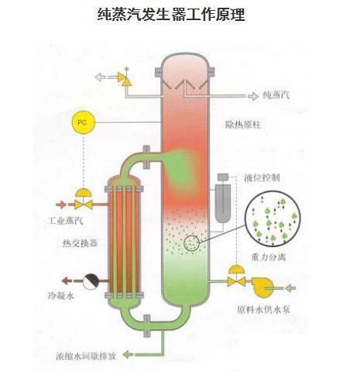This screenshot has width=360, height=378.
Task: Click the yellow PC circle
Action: (x=83, y=122)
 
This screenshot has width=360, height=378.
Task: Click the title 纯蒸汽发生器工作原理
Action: (x=171, y=14)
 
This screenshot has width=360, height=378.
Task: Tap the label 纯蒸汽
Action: (x=276, y=95)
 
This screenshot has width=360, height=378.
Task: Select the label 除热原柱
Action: (x=243, y=125)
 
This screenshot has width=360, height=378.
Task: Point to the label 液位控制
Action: (x=262, y=178)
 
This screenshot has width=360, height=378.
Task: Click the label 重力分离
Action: (x=269, y=257)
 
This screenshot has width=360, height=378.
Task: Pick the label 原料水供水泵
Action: (x=263, y=310)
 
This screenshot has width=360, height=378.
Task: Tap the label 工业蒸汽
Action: (x=66, y=221)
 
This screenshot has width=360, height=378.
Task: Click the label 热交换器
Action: (x=80, y=243)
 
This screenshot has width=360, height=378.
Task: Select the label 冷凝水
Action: (x=61, y=295)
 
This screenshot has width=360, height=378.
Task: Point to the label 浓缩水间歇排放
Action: (x=86, y=356)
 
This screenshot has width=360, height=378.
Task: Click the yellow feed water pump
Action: (x=262, y=287)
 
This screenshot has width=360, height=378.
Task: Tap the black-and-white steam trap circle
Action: (x=91, y=281)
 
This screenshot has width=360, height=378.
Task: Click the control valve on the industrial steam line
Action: (x=84, y=199)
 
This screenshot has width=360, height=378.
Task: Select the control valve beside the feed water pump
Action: (x=236, y=276)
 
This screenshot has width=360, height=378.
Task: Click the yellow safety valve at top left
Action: (x=125, y=78)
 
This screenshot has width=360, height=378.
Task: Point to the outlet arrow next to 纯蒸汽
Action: (x=253, y=96)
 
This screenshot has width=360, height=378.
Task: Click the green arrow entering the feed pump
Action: (x=290, y=287)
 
